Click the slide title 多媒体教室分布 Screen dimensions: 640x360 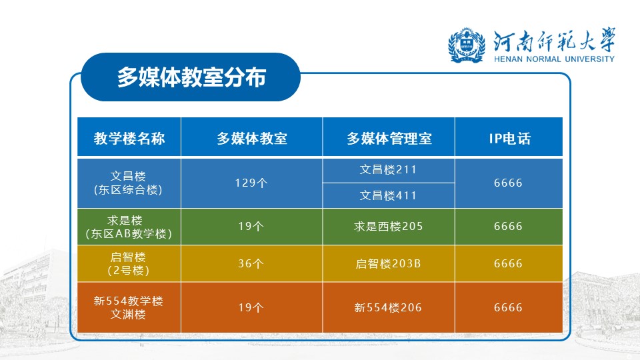191,77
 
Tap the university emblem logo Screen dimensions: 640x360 467,45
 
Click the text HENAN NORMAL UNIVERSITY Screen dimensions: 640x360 554,59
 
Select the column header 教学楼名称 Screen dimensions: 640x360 129,139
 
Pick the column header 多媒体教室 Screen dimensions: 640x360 252,139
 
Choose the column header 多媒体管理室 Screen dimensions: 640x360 389,139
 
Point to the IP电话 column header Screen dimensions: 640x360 509,139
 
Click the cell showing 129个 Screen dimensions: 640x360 251,183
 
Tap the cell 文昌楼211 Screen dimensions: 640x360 388,169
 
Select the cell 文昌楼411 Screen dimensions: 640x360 388,195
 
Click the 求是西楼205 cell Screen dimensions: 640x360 388,226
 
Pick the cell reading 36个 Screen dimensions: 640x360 251,263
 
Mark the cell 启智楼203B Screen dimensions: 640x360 388,264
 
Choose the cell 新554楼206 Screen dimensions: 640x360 388,307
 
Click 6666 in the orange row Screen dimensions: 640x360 508,307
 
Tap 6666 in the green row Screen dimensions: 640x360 508,226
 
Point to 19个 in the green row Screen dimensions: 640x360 251,226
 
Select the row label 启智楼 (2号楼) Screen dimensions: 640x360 128,264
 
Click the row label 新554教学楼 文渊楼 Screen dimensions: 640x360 128,307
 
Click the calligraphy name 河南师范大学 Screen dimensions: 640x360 554,41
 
